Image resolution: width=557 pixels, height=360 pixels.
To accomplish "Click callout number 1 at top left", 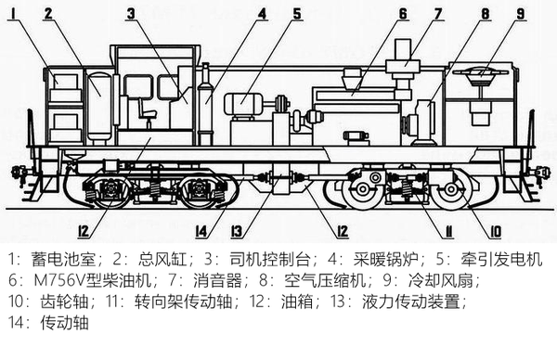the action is point(14,14).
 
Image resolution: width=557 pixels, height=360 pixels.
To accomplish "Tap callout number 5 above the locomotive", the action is point(297,14).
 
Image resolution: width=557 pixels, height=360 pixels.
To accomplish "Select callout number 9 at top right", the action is point(521,14).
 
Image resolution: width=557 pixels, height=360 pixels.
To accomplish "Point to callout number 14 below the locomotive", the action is point(201,231).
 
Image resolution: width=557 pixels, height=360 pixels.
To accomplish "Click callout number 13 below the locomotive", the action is point(236,231).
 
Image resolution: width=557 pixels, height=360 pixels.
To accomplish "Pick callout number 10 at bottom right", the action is point(496,231).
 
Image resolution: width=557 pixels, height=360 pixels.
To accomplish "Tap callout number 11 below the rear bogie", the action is point(448,231).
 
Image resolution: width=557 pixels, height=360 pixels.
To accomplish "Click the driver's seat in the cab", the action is point(147,112).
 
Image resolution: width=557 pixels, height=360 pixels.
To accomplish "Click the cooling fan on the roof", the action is point(480,75).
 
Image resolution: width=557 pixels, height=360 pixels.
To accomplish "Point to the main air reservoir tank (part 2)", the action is point(99,106).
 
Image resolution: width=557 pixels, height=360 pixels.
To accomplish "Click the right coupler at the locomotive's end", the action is point(539,173).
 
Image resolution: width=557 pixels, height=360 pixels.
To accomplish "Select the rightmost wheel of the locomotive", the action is point(451,189).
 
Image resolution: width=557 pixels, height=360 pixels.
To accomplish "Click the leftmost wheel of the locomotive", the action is point(110,190).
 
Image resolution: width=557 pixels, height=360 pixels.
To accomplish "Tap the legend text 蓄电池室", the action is point(63,260).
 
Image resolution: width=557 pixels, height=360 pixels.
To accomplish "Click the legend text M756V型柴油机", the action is point(92,280).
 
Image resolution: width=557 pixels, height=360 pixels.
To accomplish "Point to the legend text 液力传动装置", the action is point(411,302).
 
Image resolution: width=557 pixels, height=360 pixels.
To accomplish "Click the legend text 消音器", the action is point(217,280).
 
